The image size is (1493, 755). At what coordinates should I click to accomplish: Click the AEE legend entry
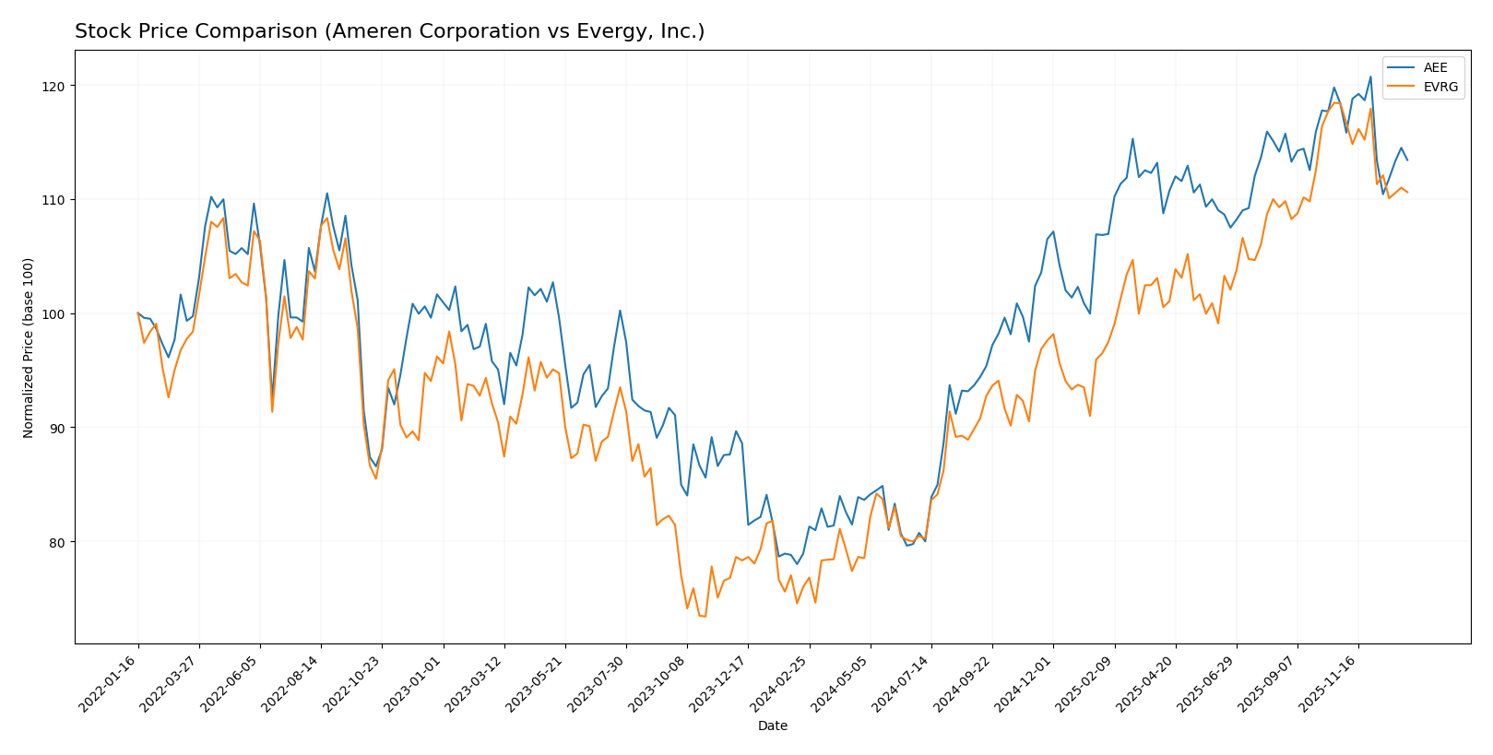[1435, 67]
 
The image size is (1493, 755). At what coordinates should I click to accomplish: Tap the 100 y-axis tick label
[55, 314]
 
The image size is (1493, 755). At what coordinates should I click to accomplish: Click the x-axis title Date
[772, 726]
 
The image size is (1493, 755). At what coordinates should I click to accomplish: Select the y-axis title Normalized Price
[29, 348]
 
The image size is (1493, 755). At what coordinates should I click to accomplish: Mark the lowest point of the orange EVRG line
[705, 616]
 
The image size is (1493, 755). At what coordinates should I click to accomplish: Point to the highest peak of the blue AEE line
[1370, 77]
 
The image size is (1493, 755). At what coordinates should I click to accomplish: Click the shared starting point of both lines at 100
[138, 313]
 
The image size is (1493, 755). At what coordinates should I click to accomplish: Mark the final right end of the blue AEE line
[1407, 160]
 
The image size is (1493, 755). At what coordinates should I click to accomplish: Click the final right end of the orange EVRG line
[1407, 192]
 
